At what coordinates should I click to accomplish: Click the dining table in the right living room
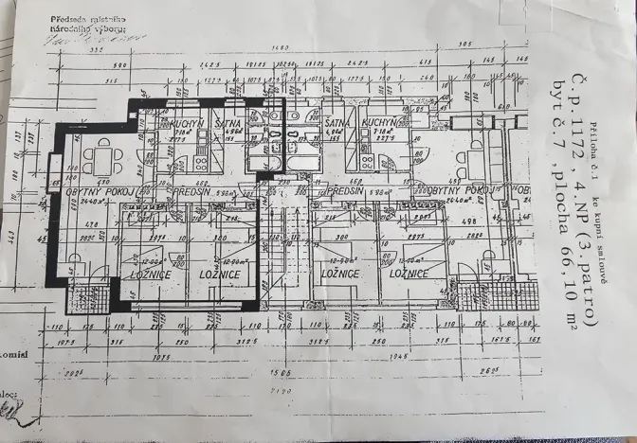click(x=470, y=156)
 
